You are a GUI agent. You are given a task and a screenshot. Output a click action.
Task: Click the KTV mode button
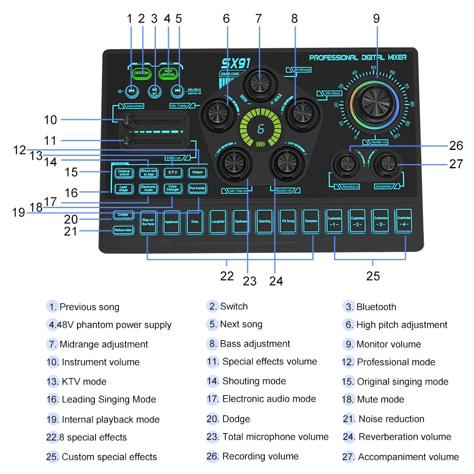click(172, 172)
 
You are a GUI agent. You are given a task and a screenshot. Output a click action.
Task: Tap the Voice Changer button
click(172, 188)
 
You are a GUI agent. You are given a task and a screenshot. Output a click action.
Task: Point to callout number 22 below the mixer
click(226, 276)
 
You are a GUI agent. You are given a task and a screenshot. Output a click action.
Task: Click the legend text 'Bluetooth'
click(376, 307)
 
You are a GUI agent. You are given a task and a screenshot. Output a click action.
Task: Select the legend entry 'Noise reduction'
click(391, 419)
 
